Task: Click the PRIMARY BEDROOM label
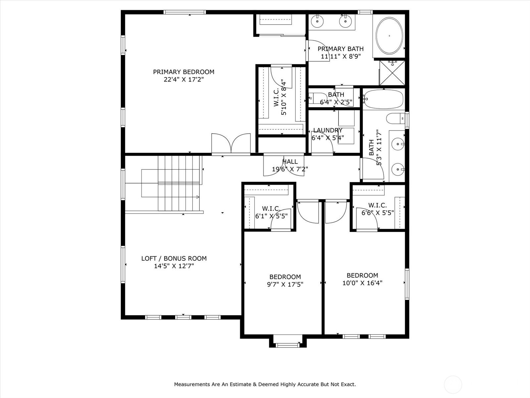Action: (184, 72)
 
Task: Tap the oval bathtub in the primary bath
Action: (389, 35)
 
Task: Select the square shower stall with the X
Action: (392, 73)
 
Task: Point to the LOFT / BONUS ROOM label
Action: (174, 258)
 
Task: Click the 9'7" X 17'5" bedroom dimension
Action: (285, 285)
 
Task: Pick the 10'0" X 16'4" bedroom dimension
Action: (362, 283)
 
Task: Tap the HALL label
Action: (290, 162)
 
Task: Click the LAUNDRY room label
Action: (328, 130)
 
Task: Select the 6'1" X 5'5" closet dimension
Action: (271, 216)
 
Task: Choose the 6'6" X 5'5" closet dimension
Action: (378, 213)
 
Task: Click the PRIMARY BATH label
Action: (341, 49)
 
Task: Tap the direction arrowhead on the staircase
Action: (198, 197)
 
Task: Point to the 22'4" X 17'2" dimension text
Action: (184, 80)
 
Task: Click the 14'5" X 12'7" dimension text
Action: (174, 266)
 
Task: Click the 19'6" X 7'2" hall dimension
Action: (290, 169)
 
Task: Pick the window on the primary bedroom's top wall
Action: (185, 12)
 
